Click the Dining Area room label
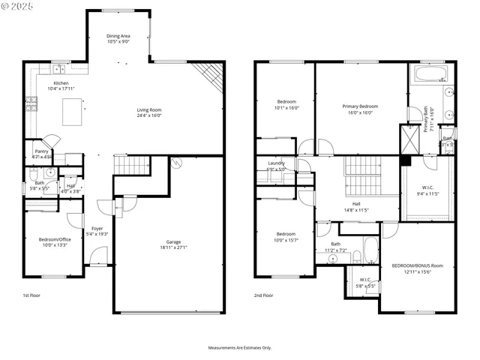(x=118, y=35)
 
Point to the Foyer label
(x=97, y=228)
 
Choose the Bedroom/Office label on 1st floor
(x=47, y=239)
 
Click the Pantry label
(x=41, y=151)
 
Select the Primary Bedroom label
(x=360, y=106)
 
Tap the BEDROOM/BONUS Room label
(x=418, y=265)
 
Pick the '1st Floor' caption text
(x=32, y=295)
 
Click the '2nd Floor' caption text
(x=263, y=295)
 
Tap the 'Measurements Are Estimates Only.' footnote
(x=240, y=347)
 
